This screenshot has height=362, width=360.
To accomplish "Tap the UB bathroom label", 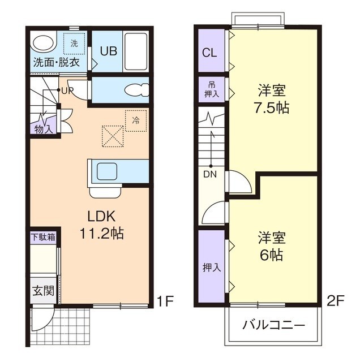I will tap(109, 51).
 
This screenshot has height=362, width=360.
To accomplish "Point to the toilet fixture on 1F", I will tap(135, 90).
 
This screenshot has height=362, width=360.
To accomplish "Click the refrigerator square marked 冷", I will tap(135, 120).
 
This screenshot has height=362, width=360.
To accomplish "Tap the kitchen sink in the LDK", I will tap(105, 171).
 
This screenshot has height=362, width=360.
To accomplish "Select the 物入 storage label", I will tap(43, 129).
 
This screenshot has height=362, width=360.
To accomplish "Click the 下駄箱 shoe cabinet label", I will tap(43, 237).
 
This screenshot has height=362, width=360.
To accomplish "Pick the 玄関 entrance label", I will tap(43, 292).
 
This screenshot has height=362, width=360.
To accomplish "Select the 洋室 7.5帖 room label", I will tap(273, 100).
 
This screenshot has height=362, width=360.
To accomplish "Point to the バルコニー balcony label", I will tap(274, 326).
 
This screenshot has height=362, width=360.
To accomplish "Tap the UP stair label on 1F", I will tap(67, 90).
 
